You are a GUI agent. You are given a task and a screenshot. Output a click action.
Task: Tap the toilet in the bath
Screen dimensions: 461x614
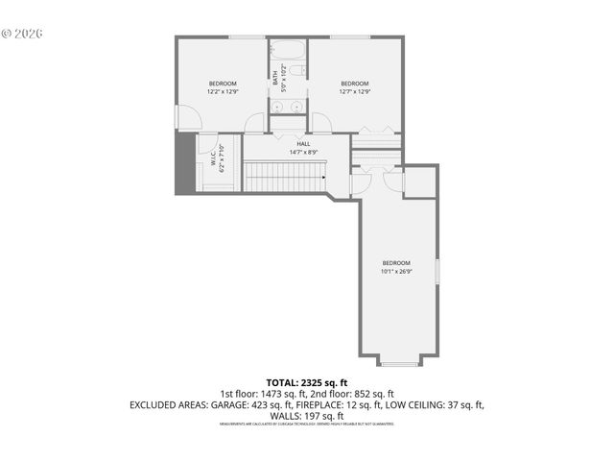[297, 71]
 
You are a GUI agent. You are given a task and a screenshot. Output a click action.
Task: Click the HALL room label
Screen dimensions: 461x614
[303, 144]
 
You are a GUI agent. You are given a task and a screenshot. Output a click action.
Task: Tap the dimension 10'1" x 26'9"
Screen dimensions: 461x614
[396, 272]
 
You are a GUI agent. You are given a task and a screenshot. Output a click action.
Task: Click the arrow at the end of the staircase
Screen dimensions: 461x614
[322, 177]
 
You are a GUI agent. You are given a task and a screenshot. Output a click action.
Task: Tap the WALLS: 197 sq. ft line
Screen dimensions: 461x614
[306, 416]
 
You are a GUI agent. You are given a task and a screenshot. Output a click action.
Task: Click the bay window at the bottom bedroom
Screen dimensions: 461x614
[398, 362]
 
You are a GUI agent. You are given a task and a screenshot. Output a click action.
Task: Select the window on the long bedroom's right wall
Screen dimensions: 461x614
[437, 271]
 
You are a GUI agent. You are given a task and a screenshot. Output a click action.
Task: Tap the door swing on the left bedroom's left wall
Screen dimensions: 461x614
[188, 117]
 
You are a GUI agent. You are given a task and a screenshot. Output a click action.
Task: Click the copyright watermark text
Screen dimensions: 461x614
[22, 33]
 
